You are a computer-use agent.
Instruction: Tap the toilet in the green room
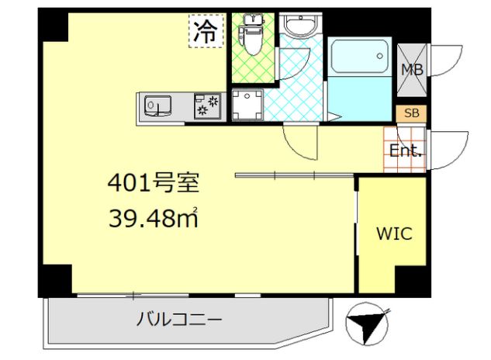click(251, 35)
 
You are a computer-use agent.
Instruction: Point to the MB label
click(410, 69)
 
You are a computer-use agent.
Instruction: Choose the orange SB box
click(412, 113)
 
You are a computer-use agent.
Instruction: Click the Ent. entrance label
click(406, 151)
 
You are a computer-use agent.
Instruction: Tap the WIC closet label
click(393, 234)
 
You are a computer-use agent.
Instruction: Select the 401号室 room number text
click(153, 184)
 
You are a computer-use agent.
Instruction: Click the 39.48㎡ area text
click(153, 220)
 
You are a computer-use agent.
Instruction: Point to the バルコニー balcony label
click(180, 319)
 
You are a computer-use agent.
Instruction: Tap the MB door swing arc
click(448, 61)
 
